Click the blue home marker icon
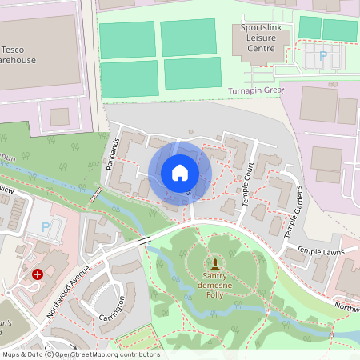tap(180, 173)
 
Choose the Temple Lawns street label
tap(320, 250)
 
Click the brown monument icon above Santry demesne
tap(214, 263)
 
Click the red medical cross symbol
tap(37, 274)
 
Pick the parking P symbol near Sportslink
tap(323, 56)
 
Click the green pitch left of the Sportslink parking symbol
tap(308, 26)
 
